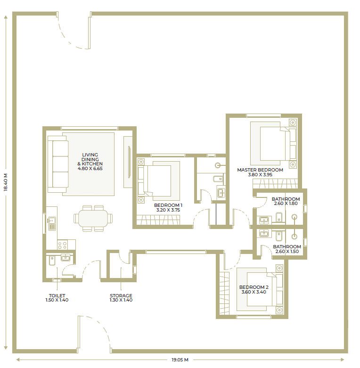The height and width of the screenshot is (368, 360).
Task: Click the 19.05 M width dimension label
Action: [180, 360]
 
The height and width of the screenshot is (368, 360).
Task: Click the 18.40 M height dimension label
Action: [6, 182]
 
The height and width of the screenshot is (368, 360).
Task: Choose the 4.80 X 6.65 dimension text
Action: [90, 169]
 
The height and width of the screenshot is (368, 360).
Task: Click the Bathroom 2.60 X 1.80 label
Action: [286, 201]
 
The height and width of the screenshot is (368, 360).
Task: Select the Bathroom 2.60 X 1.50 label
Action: [287, 249]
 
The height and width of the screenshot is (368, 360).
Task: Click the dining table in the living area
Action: [93, 219]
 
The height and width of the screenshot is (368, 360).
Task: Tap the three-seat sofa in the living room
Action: [58, 164]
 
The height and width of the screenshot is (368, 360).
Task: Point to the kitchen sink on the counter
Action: [52, 224]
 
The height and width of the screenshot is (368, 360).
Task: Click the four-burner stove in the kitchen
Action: [62, 245]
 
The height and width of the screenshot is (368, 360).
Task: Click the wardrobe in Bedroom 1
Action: [158, 220]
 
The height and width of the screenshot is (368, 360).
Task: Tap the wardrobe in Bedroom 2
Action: [224, 294]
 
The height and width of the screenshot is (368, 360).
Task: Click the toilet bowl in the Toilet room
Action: [52, 261]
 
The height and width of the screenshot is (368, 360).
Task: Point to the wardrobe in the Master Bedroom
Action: [275, 184]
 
